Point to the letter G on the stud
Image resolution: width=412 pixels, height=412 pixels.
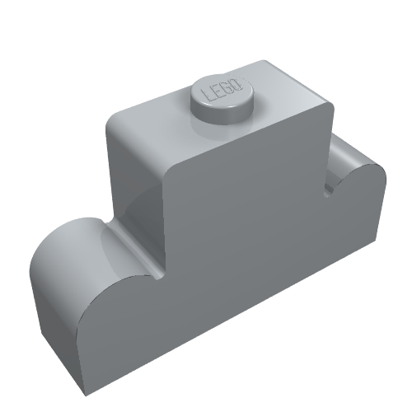(229, 87)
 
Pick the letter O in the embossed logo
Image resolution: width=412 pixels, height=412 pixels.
(238, 84)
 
